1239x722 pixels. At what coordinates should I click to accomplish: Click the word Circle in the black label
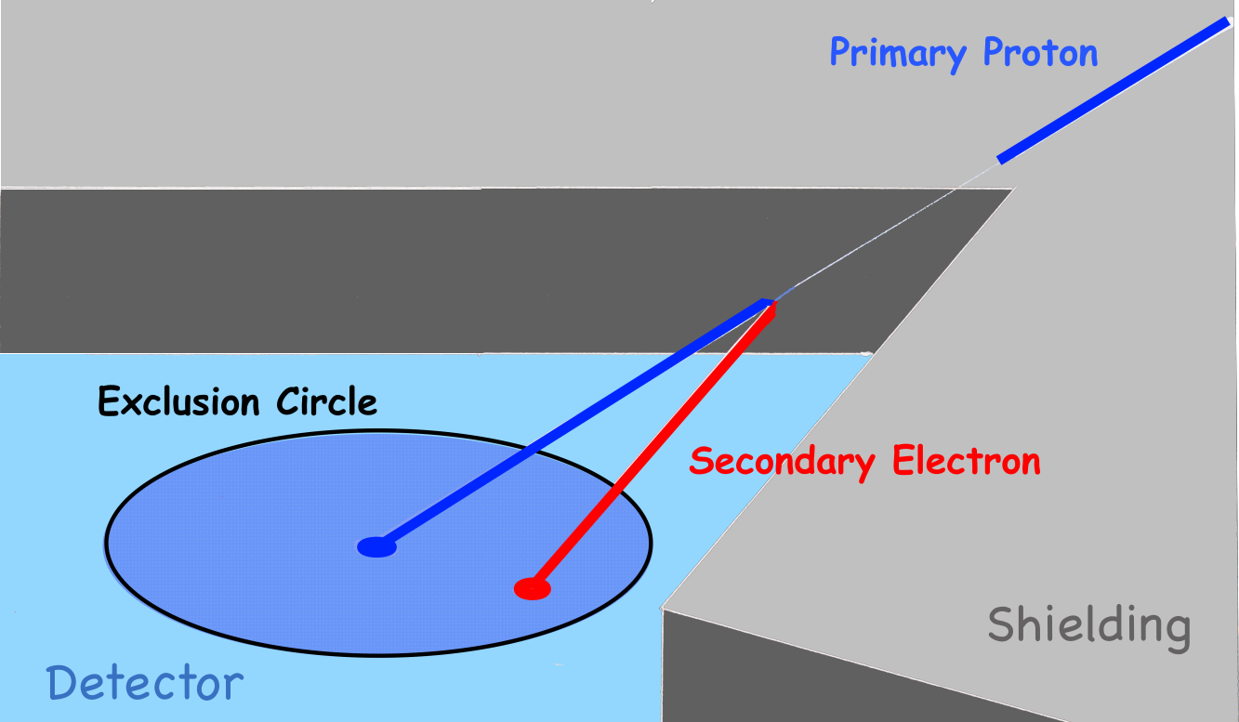327,402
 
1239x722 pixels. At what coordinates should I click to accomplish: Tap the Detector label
145,685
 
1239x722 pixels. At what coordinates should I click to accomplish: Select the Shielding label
1088,626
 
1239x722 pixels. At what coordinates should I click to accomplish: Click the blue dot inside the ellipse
376,547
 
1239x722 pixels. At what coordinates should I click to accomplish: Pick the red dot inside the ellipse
533,588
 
